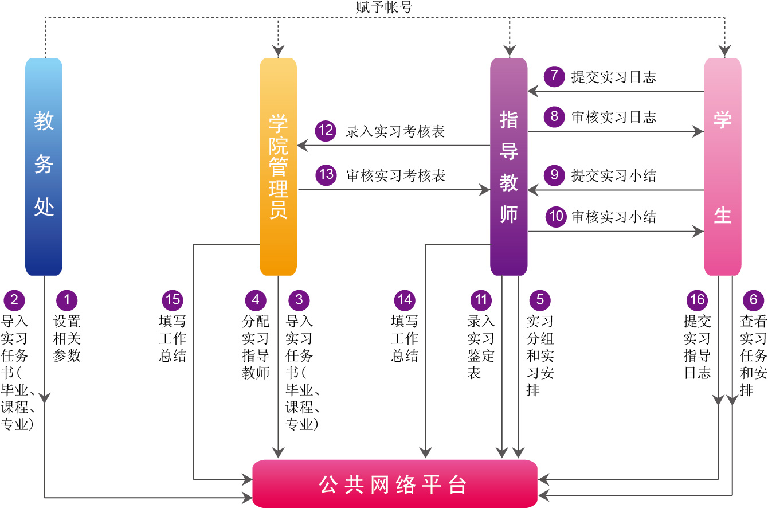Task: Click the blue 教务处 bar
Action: tap(44, 166)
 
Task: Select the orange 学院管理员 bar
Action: tap(278, 166)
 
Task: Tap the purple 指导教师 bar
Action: tap(508, 166)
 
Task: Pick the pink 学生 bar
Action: tap(722, 166)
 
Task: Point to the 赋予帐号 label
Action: tap(384, 7)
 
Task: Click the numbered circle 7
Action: tap(554, 77)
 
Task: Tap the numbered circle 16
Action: tap(697, 300)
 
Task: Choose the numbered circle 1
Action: tap(66, 300)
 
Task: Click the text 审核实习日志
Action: tap(614, 118)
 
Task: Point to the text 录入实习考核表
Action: tap(395, 132)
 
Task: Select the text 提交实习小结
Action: tap(614, 175)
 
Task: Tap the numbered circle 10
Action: tap(555, 217)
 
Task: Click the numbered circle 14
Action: tap(404, 300)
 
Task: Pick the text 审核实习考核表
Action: tap(396, 175)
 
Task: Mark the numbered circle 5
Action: tap(539, 300)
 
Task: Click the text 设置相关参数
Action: tap(66, 338)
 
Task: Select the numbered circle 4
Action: tap(256, 300)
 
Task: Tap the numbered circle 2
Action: tap(14, 300)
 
